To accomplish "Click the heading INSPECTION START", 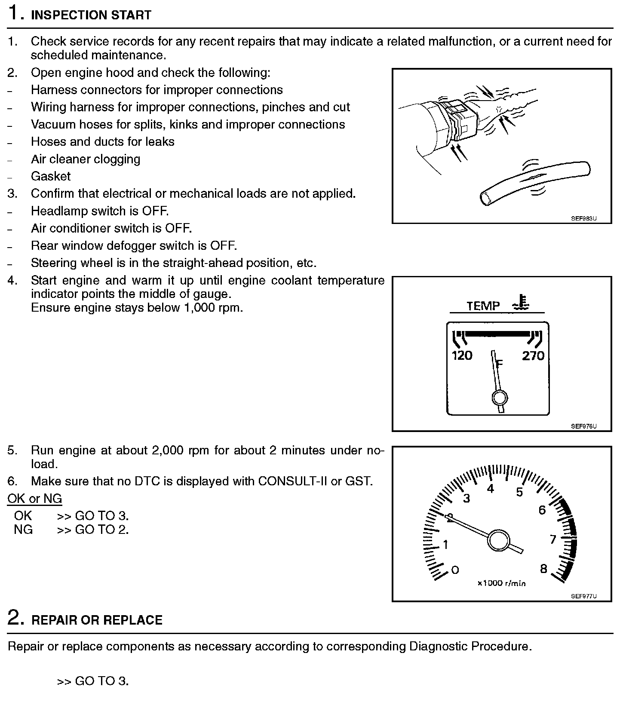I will (x=91, y=15).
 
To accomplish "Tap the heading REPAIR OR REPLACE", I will (x=97, y=620).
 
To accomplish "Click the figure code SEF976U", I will (x=584, y=426).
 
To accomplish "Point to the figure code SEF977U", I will (x=584, y=596).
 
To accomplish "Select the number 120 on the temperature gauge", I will (x=462, y=355).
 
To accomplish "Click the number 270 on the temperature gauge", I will (x=533, y=355).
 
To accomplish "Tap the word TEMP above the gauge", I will (x=483, y=306).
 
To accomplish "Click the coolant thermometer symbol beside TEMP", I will (x=521, y=303).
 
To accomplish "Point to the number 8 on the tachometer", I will (x=543, y=569).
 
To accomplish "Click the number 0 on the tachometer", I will (x=455, y=570).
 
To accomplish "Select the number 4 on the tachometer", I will (x=490, y=488).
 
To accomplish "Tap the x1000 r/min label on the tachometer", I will (x=501, y=583).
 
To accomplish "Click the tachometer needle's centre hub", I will (x=498, y=540).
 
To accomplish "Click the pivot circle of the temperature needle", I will (x=499, y=398).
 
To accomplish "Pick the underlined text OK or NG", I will (x=35, y=499).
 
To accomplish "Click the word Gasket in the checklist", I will (x=51, y=176).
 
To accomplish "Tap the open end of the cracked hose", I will (x=486, y=198).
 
